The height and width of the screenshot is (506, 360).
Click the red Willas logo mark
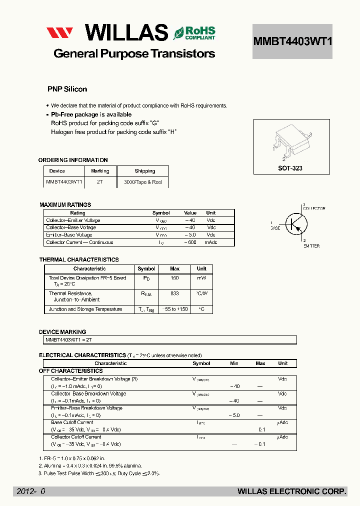tap(59, 33)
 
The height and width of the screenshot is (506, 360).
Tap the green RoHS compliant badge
tap(194, 33)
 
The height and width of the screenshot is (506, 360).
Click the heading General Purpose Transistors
tap(134, 53)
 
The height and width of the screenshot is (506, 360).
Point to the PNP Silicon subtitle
tap(67, 89)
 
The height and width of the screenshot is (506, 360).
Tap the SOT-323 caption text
tap(290, 168)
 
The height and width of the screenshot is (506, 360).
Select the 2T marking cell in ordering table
tap(100, 182)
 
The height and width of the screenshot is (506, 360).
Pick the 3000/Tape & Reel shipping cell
tap(143, 182)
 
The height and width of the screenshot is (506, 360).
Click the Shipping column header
tap(145, 171)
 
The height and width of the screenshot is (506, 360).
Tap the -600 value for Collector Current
tap(190, 242)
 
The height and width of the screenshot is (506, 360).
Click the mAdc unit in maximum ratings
tap(211, 242)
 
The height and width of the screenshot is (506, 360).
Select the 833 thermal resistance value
tap(174, 293)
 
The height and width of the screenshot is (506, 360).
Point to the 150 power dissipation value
tap(174, 278)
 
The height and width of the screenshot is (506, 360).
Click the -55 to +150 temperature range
tap(174, 309)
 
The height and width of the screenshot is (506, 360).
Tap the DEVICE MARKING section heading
tap(62, 332)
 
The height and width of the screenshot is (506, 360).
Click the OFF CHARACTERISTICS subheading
tap(70, 371)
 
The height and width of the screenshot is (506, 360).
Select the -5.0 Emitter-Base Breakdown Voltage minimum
tap(234, 415)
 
